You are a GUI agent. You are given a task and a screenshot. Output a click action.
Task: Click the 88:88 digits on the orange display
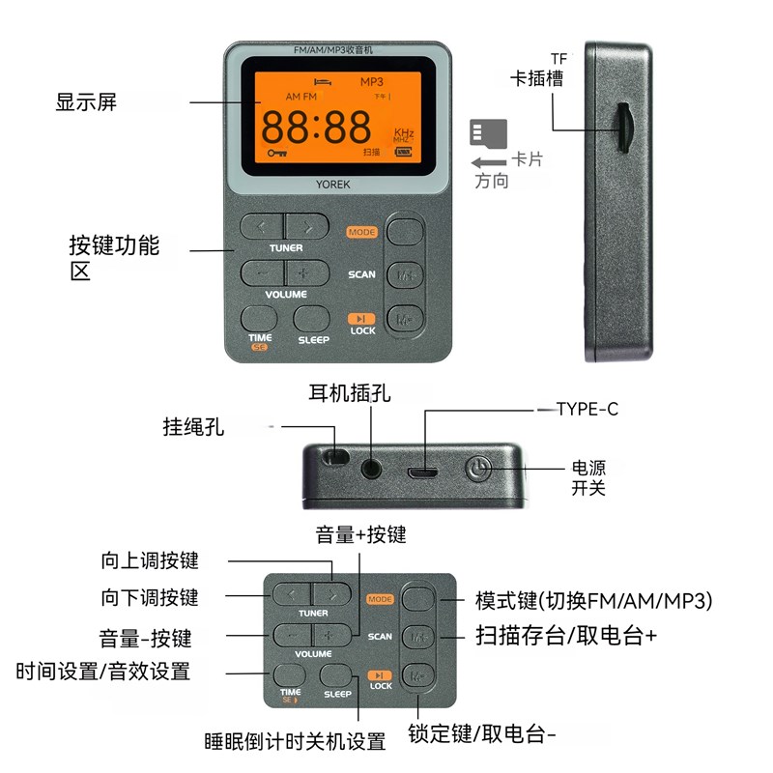pos(316,127)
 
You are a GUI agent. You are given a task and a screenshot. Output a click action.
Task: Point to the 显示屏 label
pos(86,102)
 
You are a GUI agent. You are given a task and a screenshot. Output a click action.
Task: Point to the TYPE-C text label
pos(587,410)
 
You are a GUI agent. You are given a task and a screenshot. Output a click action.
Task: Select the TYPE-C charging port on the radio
pos(420,473)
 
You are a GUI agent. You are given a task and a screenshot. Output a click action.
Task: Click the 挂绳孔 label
pos(193,426)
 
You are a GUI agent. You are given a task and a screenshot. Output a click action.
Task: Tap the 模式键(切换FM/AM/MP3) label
pos(593,600)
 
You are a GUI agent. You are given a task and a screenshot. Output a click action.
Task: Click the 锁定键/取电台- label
pos(482,733)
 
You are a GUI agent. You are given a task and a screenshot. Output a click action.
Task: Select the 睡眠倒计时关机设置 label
pos(295,742)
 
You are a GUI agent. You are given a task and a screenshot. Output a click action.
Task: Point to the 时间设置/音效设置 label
pos(102,671)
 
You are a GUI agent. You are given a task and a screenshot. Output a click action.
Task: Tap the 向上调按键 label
pos(150,560)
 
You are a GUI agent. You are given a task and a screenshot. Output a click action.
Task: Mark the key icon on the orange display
pos(277,153)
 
